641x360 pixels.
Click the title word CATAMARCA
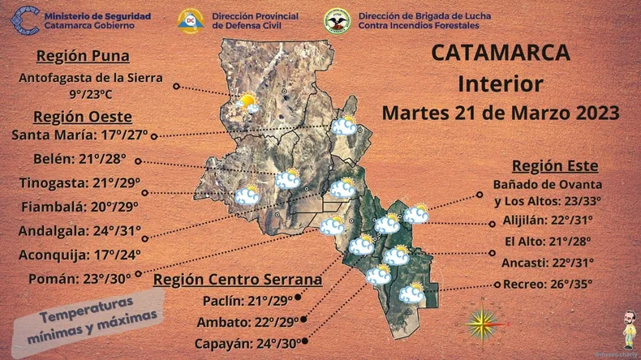coord(501,54)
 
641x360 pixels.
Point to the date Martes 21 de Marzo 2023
coord(501,112)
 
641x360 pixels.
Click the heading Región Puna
coord(94,57)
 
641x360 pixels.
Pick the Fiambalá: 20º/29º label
coord(80,206)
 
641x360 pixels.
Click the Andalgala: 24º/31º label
coord(79,231)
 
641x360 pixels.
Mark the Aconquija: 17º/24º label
coord(80,255)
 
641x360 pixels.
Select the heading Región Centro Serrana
coord(237,281)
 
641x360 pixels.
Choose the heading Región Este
coord(555,166)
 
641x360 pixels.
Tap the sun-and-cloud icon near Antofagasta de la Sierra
coord(247,103)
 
